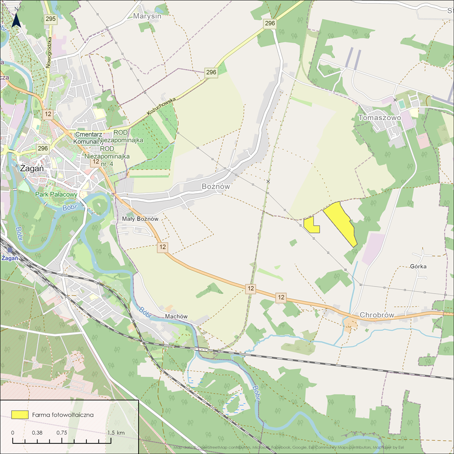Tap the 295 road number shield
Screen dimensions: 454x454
50,19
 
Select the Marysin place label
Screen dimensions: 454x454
147,16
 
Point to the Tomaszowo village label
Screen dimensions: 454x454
379,118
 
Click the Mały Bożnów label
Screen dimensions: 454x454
140,219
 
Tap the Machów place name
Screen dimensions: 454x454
176,316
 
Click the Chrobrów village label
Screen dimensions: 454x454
376,315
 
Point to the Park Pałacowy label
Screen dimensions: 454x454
56,194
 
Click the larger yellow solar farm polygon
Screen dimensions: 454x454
340,222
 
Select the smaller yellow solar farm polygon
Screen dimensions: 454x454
311,225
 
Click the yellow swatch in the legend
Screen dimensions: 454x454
20,414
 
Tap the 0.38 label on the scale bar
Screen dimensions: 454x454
37,433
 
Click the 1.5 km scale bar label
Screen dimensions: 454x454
116,433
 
